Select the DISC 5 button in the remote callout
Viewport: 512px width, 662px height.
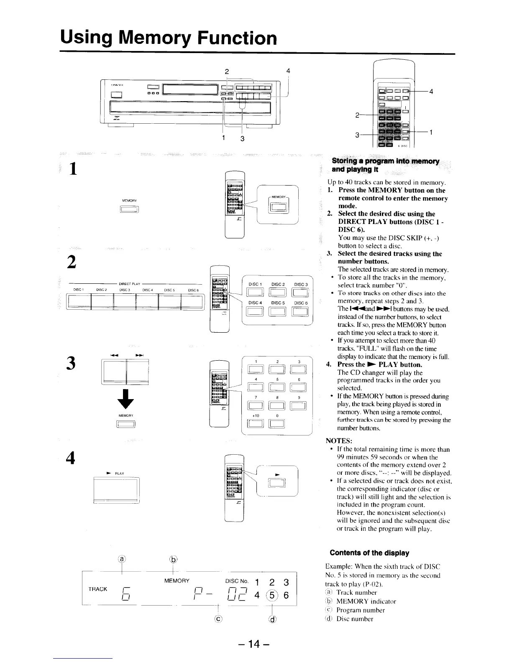click(x=278, y=311)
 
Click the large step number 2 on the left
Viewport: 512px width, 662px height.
click(x=72, y=262)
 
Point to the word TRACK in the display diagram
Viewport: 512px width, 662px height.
click(x=98, y=589)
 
